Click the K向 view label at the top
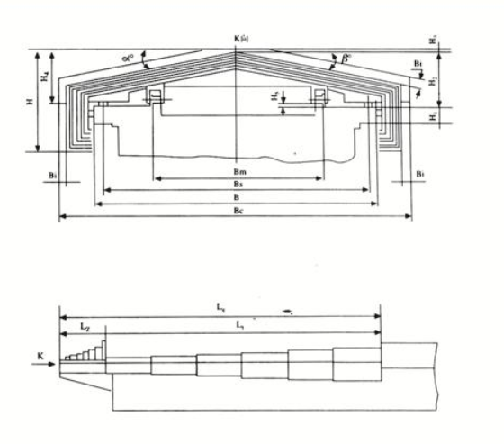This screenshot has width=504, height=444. pyautogui.click(x=239, y=39)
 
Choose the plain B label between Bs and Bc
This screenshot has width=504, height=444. pyautogui.click(x=237, y=197)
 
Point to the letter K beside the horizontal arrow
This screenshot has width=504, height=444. pyautogui.click(x=41, y=358)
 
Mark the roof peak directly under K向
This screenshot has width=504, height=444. pyautogui.click(x=237, y=50)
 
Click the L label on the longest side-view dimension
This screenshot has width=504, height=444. pyautogui.click(x=221, y=308)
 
